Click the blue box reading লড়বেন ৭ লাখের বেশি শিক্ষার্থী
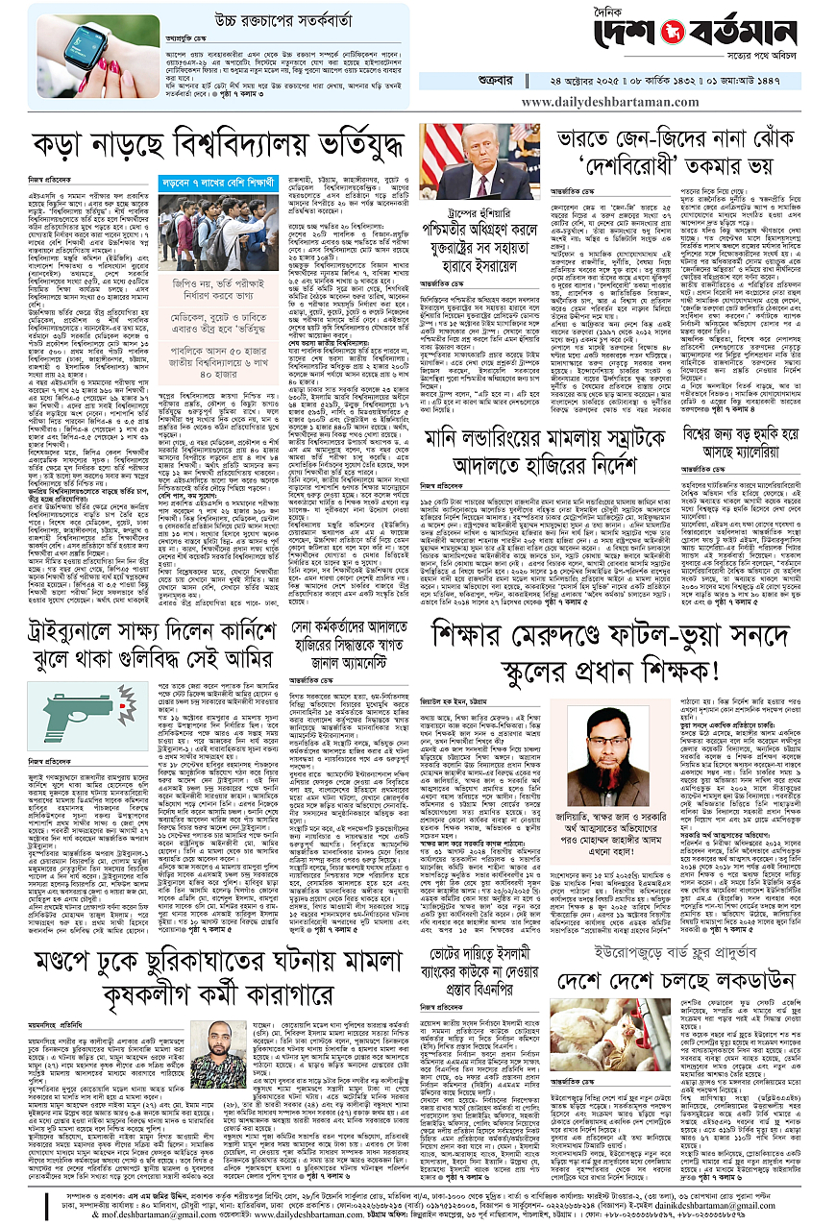tap(208, 180)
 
